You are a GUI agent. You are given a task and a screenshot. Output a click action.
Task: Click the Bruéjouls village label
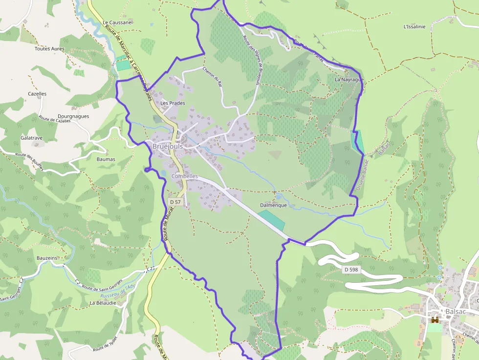click(x=168, y=147)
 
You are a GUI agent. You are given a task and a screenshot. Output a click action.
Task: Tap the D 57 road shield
click(x=176, y=202)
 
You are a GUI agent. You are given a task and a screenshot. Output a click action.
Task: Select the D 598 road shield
click(x=351, y=270)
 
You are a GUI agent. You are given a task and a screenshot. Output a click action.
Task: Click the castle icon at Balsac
click(x=434, y=320)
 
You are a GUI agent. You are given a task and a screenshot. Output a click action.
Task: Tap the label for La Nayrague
click(x=349, y=79)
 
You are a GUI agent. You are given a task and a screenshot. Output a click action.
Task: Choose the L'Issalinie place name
click(x=414, y=26)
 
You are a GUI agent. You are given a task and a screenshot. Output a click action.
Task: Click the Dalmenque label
click(x=273, y=205)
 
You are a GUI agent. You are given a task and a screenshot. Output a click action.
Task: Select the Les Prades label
click(x=173, y=103)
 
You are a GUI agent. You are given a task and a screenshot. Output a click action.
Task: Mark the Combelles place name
click(x=185, y=176)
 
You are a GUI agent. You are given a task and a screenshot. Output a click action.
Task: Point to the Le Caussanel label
click(x=118, y=22)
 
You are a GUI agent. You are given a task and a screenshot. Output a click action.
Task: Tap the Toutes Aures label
click(x=49, y=49)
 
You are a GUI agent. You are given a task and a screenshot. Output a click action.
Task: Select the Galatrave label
click(x=31, y=138)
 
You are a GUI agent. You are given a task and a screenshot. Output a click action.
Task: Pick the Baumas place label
click(x=106, y=159)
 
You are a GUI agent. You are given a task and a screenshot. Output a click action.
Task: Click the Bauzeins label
click(x=47, y=257)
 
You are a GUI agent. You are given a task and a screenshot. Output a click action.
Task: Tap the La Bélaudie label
click(x=103, y=303)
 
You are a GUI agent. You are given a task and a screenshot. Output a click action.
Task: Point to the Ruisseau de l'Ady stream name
click(x=117, y=292)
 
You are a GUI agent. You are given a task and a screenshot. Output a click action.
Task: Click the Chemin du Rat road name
click(x=212, y=76)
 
